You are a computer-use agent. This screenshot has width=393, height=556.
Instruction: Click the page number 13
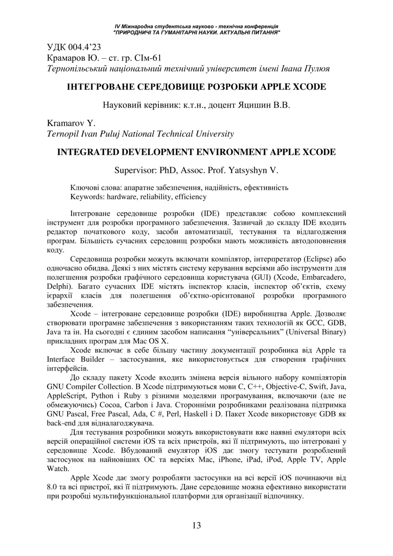196,526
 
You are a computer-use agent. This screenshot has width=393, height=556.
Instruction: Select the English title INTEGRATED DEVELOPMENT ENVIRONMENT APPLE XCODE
196,152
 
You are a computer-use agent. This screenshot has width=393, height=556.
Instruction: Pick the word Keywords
85,197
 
